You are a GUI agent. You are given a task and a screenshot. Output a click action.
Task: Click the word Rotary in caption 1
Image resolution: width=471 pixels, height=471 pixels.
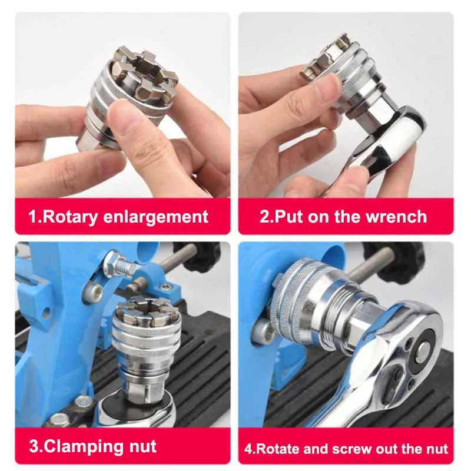tap(70, 217)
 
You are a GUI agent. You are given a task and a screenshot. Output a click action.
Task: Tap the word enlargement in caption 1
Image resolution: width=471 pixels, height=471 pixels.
tap(155, 217)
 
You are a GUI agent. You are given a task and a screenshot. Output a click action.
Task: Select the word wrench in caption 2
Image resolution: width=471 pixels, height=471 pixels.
tap(396, 216)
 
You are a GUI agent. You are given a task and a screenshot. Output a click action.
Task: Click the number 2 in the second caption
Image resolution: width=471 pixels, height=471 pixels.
tap(264, 216)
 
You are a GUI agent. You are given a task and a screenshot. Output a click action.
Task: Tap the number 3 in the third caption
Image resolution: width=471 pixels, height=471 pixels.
tap(34, 446)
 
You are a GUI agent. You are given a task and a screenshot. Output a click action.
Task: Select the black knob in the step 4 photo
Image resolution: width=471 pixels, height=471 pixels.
tap(393, 259)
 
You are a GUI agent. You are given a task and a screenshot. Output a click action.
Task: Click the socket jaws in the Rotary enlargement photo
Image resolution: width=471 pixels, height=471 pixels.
tap(144, 72)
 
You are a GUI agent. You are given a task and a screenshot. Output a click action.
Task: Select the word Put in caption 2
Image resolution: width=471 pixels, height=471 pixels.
tap(287, 216)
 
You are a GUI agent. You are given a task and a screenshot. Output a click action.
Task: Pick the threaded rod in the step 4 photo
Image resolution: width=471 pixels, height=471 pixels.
tap(370, 264)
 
